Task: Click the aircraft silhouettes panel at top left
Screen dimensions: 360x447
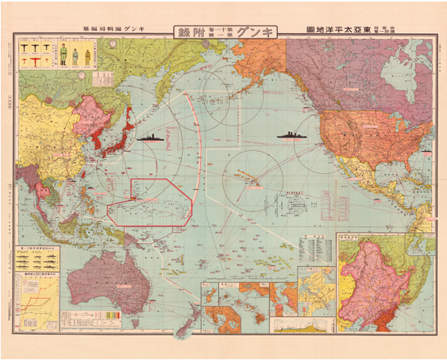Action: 31,58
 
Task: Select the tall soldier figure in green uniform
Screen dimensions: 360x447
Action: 65,57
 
